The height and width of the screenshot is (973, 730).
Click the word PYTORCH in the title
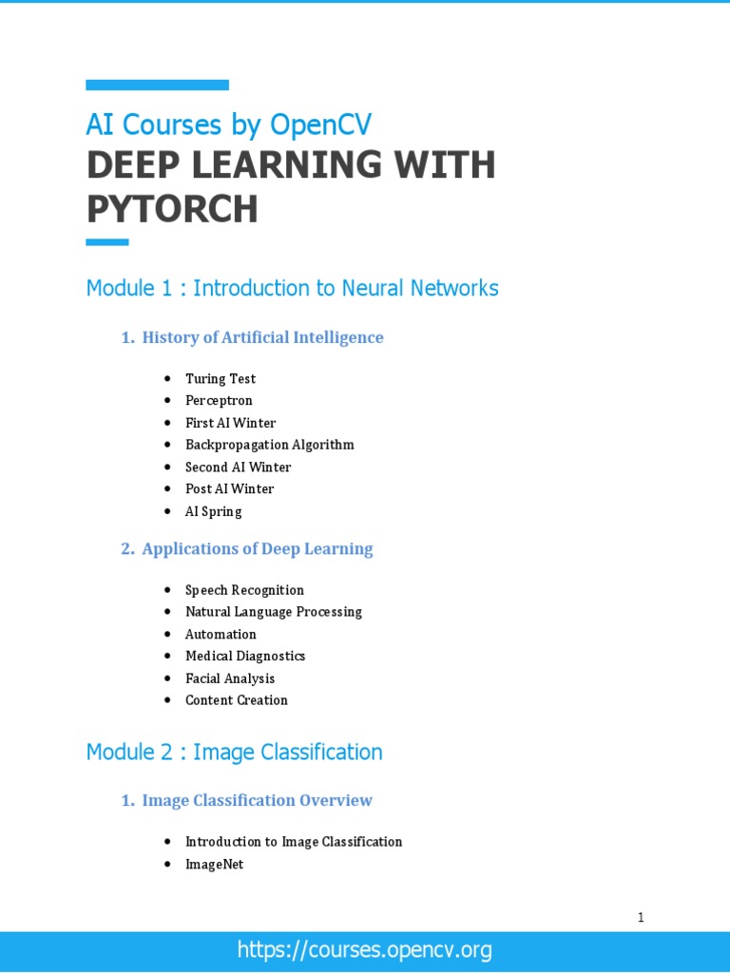(x=172, y=210)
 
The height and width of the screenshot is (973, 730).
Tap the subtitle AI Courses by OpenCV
(x=228, y=124)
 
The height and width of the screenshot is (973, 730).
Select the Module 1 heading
(x=292, y=288)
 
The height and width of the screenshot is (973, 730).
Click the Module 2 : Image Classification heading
(x=234, y=753)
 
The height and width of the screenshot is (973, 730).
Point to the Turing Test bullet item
(x=221, y=379)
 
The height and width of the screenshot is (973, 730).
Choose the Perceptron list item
(x=219, y=401)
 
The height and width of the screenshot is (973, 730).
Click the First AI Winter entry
(x=230, y=423)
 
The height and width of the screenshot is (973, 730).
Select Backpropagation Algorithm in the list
(x=269, y=445)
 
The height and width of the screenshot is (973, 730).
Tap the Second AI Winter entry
(x=238, y=467)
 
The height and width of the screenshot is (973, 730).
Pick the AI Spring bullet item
(x=213, y=511)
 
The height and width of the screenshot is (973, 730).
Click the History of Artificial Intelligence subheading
(x=262, y=337)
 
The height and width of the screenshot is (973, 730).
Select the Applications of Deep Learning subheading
(x=257, y=549)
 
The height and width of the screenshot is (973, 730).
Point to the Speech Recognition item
(x=244, y=590)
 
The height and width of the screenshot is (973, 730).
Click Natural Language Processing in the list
(x=273, y=612)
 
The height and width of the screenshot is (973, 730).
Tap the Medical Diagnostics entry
(x=245, y=656)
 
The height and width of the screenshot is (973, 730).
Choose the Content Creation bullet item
(x=236, y=700)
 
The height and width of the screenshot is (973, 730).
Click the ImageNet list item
(x=214, y=865)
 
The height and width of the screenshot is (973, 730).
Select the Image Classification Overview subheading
(x=257, y=801)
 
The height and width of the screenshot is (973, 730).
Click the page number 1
(x=641, y=918)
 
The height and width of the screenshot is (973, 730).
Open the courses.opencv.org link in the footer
(x=365, y=949)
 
